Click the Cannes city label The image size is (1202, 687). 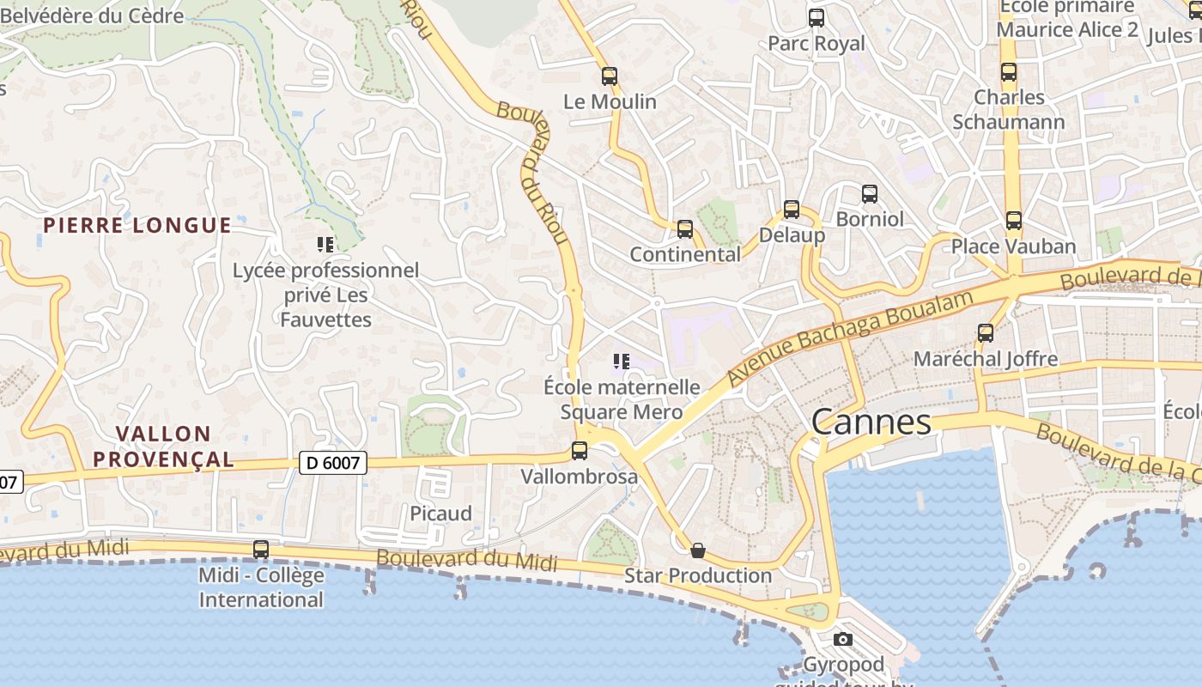[871, 422]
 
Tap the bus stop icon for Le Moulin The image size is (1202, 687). [610, 76]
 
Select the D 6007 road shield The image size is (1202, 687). [335, 463]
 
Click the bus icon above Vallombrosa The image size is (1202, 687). [580, 450]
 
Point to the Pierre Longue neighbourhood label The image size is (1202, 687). [137, 226]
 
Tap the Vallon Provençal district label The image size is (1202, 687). [163, 447]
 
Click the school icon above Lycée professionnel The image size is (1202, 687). [325, 245]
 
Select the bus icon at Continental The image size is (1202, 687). [684, 229]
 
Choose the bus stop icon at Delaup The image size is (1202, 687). [792, 210]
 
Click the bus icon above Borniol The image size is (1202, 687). [870, 194]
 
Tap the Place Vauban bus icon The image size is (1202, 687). [1014, 221]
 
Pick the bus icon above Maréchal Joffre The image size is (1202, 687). [986, 333]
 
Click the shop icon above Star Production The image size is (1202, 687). [698, 550]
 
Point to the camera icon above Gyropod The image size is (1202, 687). [843, 639]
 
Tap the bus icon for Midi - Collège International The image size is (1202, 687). [261, 550]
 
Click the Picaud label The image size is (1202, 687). [440, 514]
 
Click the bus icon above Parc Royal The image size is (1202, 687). [817, 17]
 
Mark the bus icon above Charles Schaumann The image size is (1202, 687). [1009, 72]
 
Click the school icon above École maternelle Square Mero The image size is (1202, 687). [622, 362]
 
